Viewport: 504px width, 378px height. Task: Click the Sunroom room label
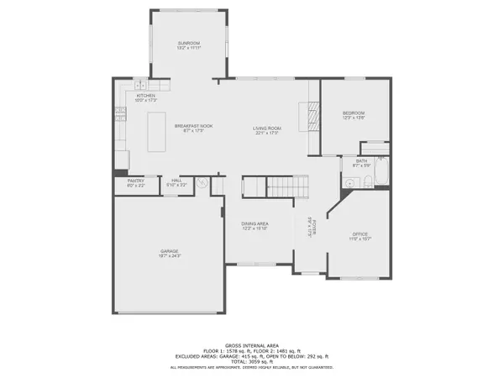coord(187,45)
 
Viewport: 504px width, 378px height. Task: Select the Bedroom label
coord(352,115)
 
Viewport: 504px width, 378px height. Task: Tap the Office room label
coord(360,237)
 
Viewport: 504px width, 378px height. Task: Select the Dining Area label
coord(255,226)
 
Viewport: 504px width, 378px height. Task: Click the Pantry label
coord(135,181)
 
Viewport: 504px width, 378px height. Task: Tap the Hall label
coord(177,181)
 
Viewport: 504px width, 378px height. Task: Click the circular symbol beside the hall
coord(201,182)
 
